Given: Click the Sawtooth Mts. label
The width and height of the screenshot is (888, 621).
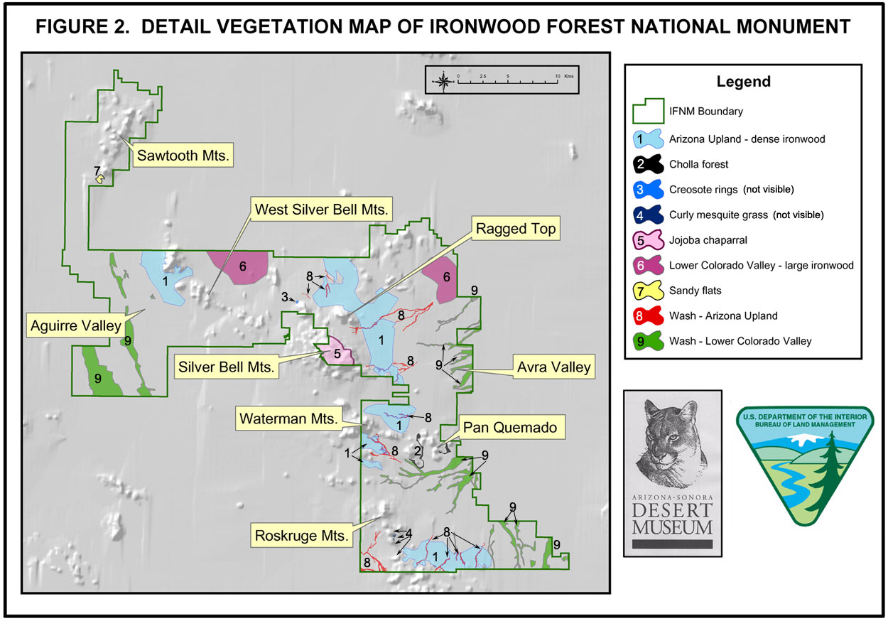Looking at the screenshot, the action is point(183,155).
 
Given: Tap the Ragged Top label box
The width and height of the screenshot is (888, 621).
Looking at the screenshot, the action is point(515,228).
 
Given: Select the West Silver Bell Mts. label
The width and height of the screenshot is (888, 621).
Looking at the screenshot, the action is point(321,209).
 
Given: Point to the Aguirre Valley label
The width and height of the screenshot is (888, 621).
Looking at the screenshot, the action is point(76,325).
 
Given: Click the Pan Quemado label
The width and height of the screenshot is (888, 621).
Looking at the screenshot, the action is point(510,428).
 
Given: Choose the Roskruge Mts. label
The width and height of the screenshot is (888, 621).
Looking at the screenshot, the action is point(301,535).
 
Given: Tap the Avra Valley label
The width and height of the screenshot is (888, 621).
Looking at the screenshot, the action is point(554,367).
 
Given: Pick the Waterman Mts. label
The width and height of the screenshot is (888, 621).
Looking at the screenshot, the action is point(288,418).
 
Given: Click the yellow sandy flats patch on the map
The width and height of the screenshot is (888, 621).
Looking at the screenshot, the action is point(100,179).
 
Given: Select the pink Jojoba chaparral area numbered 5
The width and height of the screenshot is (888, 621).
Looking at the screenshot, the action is point(337,352).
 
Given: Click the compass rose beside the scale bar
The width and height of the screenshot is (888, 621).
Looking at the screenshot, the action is point(443,82).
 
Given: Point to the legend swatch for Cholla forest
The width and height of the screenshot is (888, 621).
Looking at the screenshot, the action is point(648,164).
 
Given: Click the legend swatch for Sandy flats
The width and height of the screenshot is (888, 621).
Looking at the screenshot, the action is point(648,291).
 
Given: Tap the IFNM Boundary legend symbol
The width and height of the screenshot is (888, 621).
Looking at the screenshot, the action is point(648,111).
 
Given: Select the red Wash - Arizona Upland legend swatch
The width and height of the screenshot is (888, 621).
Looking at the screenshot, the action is point(648,316).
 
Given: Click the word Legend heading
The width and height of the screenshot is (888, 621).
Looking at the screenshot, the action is point(743,81).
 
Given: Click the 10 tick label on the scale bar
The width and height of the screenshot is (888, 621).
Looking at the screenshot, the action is point(558,76).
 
